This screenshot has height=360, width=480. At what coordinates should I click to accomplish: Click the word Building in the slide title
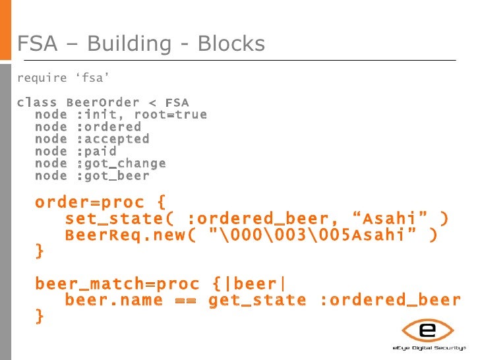pyautogui.click(x=127, y=44)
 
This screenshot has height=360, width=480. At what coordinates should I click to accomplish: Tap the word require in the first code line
pyautogui.click(x=42, y=78)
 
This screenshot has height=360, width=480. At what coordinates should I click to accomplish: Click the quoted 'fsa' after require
pyautogui.click(x=92, y=78)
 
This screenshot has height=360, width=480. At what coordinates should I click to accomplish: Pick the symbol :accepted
pyautogui.click(x=113, y=139)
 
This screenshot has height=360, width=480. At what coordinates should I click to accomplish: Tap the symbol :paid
pyautogui.click(x=96, y=151)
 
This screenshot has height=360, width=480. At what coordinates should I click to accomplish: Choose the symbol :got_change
pyautogui.click(x=121, y=164)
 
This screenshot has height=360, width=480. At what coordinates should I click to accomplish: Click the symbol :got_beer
pyautogui.click(x=113, y=175)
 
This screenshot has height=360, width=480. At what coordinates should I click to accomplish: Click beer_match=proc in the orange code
pyautogui.click(x=117, y=284)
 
